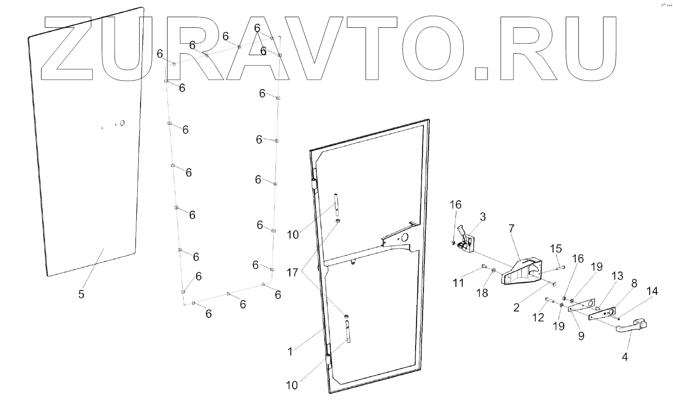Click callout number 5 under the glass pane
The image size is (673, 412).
(81, 294)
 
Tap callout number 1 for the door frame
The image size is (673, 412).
(290, 352)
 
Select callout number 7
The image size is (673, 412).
(511, 228)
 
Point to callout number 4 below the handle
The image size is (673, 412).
(625, 357)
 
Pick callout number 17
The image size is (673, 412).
(293, 273)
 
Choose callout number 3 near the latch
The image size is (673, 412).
(483, 216)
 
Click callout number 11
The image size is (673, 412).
(458, 283)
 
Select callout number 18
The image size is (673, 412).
(482, 293)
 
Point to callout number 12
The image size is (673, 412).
(538, 317)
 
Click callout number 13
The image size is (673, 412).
(617, 276)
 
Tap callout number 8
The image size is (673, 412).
(634, 284)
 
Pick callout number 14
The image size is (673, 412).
(652, 291)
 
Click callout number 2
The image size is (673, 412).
(516, 307)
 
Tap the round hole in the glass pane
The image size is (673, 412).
(122, 123)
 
